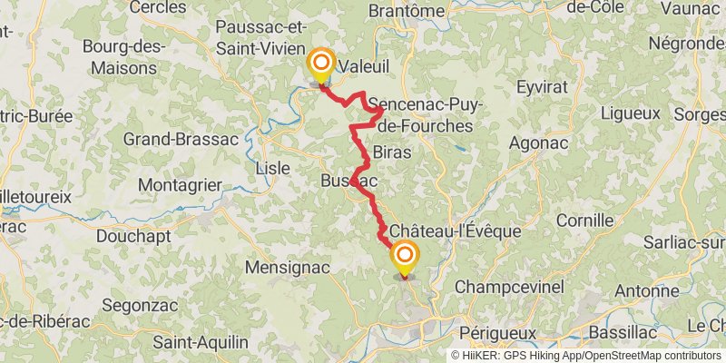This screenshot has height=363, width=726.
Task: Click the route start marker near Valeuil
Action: [320, 63]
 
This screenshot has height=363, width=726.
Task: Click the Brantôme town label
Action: [407, 11]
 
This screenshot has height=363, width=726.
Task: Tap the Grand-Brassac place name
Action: [181, 140]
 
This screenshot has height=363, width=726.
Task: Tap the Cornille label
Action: [585, 220]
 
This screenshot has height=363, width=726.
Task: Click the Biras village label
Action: [392, 152]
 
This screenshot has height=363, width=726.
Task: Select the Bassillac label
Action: [623, 332]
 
